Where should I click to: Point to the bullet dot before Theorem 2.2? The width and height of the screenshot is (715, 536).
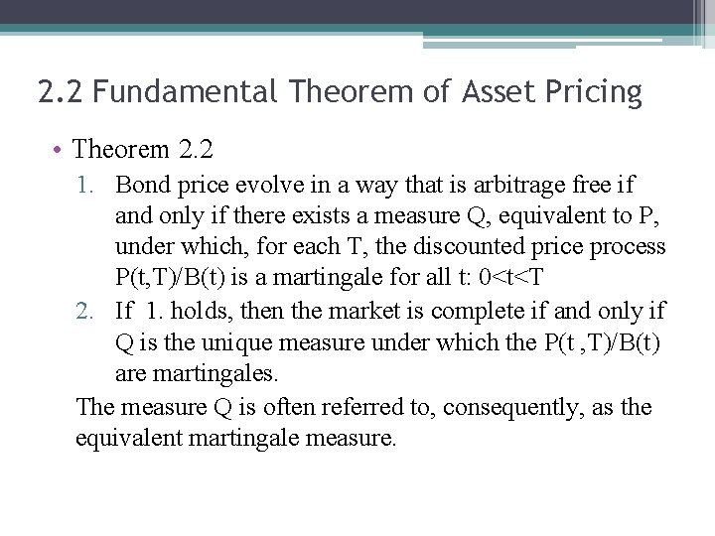point(60,151)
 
